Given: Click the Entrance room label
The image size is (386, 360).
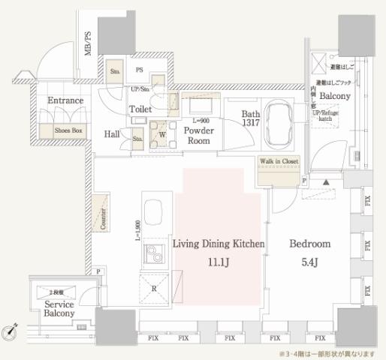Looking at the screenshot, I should (65, 100).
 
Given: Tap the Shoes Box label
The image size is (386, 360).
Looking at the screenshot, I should (68, 130).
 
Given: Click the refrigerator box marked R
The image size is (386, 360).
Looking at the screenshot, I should (154, 286).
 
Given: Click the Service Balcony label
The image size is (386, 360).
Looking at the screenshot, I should (59, 309).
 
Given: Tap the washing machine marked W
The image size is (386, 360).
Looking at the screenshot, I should (161, 135).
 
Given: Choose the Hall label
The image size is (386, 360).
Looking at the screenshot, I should (113, 134).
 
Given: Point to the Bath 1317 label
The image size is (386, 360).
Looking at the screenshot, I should (252, 120).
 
